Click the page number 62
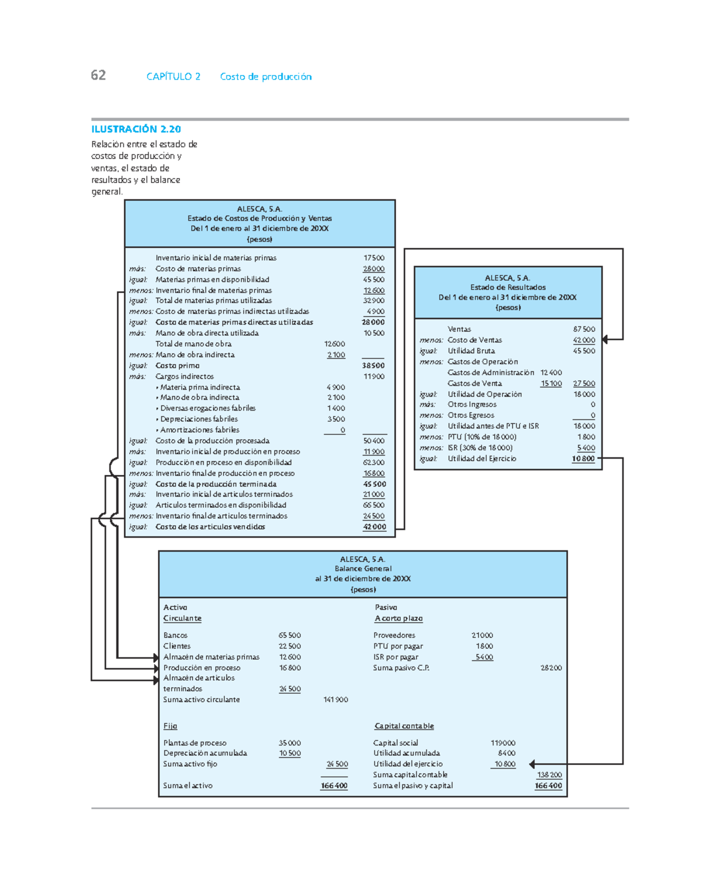98,75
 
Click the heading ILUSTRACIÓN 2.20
136,129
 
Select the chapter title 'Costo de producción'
266,77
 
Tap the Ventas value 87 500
584,329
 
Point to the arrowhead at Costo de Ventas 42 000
605,339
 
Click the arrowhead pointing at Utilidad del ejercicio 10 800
532,764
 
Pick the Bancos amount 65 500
290,635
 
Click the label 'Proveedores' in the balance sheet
394,635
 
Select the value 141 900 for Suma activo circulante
335,700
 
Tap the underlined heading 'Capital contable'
404,726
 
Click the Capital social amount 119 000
503,743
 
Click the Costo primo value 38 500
373,366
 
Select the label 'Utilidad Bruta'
471,351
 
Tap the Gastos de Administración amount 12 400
551,373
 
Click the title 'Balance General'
363,569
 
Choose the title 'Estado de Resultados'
508,287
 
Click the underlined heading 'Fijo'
170,726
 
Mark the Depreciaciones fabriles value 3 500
336,419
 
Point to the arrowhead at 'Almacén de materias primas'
155,657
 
